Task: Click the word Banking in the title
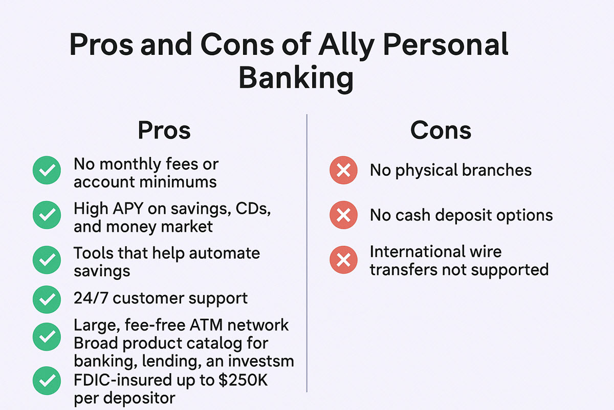tap(296, 78)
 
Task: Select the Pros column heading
tap(164, 131)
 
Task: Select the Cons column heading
tap(441, 131)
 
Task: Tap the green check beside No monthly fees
tap(47, 171)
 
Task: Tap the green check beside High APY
tap(47, 215)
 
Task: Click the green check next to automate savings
tap(47, 260)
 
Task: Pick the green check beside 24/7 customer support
tap(47, 299)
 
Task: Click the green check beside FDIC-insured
tap(47, 380)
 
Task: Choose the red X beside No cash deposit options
tap(343, 215)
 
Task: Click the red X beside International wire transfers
tap(343, 260)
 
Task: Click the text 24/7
tap(91, 298)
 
